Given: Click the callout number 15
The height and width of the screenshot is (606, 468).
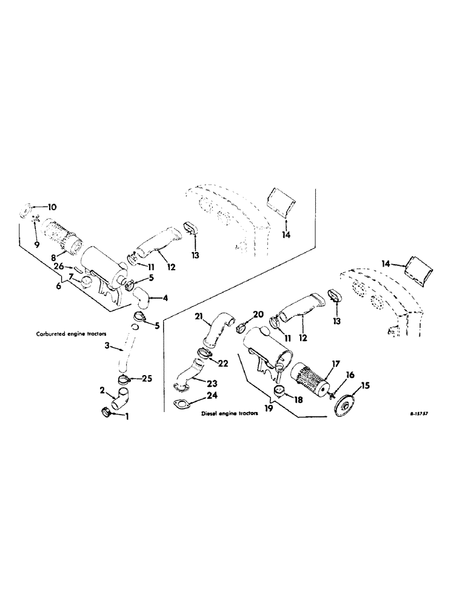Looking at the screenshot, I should tap(365, 385).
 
